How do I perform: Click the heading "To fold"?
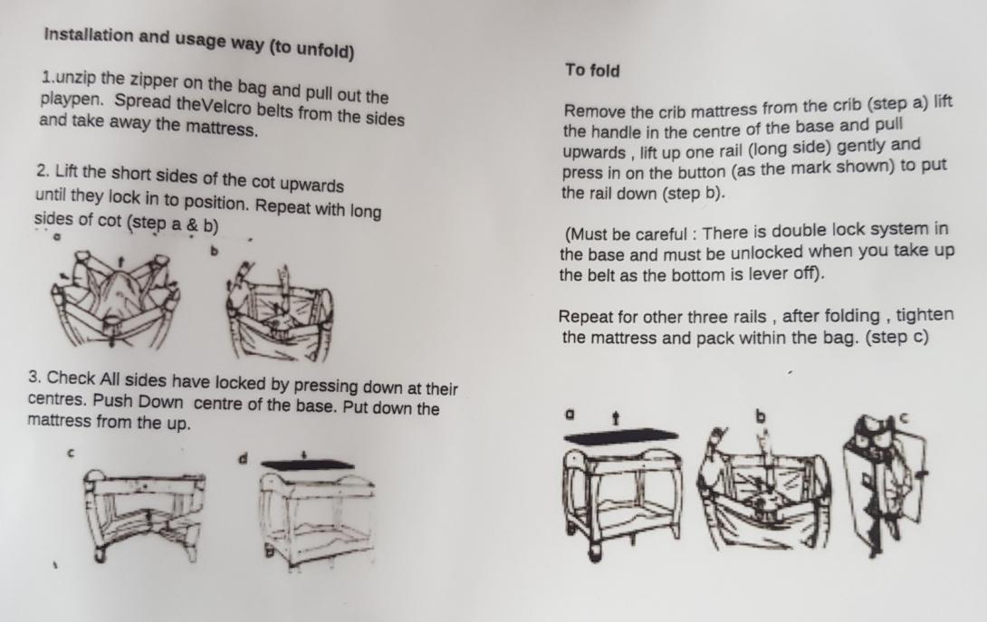coord(592,70)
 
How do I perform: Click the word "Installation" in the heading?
coord(89,35)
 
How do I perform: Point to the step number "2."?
coord(43,170)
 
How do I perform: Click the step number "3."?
coord(35,378)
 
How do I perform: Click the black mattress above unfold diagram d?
coord(308,465)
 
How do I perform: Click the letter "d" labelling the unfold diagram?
coord(243,458)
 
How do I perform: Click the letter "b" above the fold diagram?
coord(761,416)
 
